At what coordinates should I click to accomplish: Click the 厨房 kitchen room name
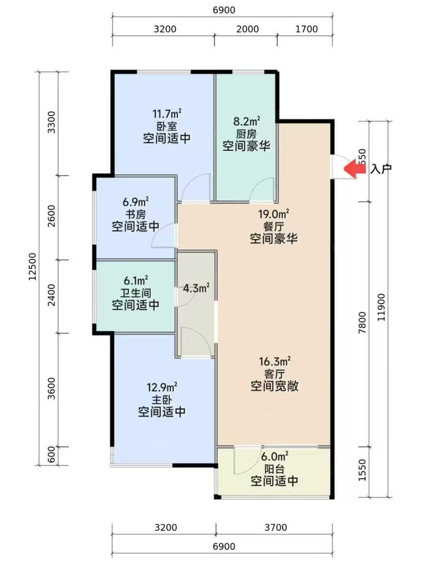[x=246, y=133]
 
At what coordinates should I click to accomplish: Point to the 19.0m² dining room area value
[x=274, y=215]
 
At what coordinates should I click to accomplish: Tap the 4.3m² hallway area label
[x=197, y=288]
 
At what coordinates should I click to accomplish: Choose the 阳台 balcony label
[x=274, y=469]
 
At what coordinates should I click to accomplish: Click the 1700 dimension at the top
[x=306, y=29]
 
